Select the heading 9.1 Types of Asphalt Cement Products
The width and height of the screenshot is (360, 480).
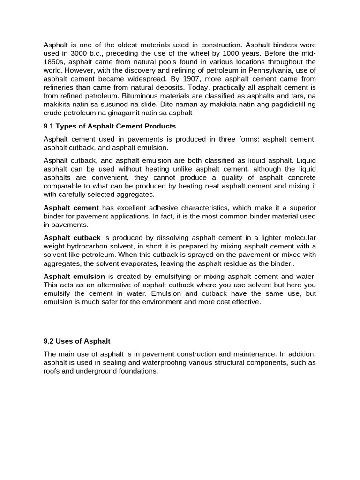pyautogui.click(x=110, y=126)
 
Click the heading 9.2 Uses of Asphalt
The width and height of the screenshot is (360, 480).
pyautogui.click(x=77, y=341)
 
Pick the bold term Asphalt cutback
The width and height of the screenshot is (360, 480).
pyautogui.click(x=72, y=238)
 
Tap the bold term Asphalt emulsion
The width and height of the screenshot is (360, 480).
pyautogui.click(x=74, y=277)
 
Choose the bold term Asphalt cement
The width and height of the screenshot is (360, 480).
pyautogui.click(x=71, y=208)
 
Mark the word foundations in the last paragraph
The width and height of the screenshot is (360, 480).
pyautogui.click(x=140, y=371)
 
